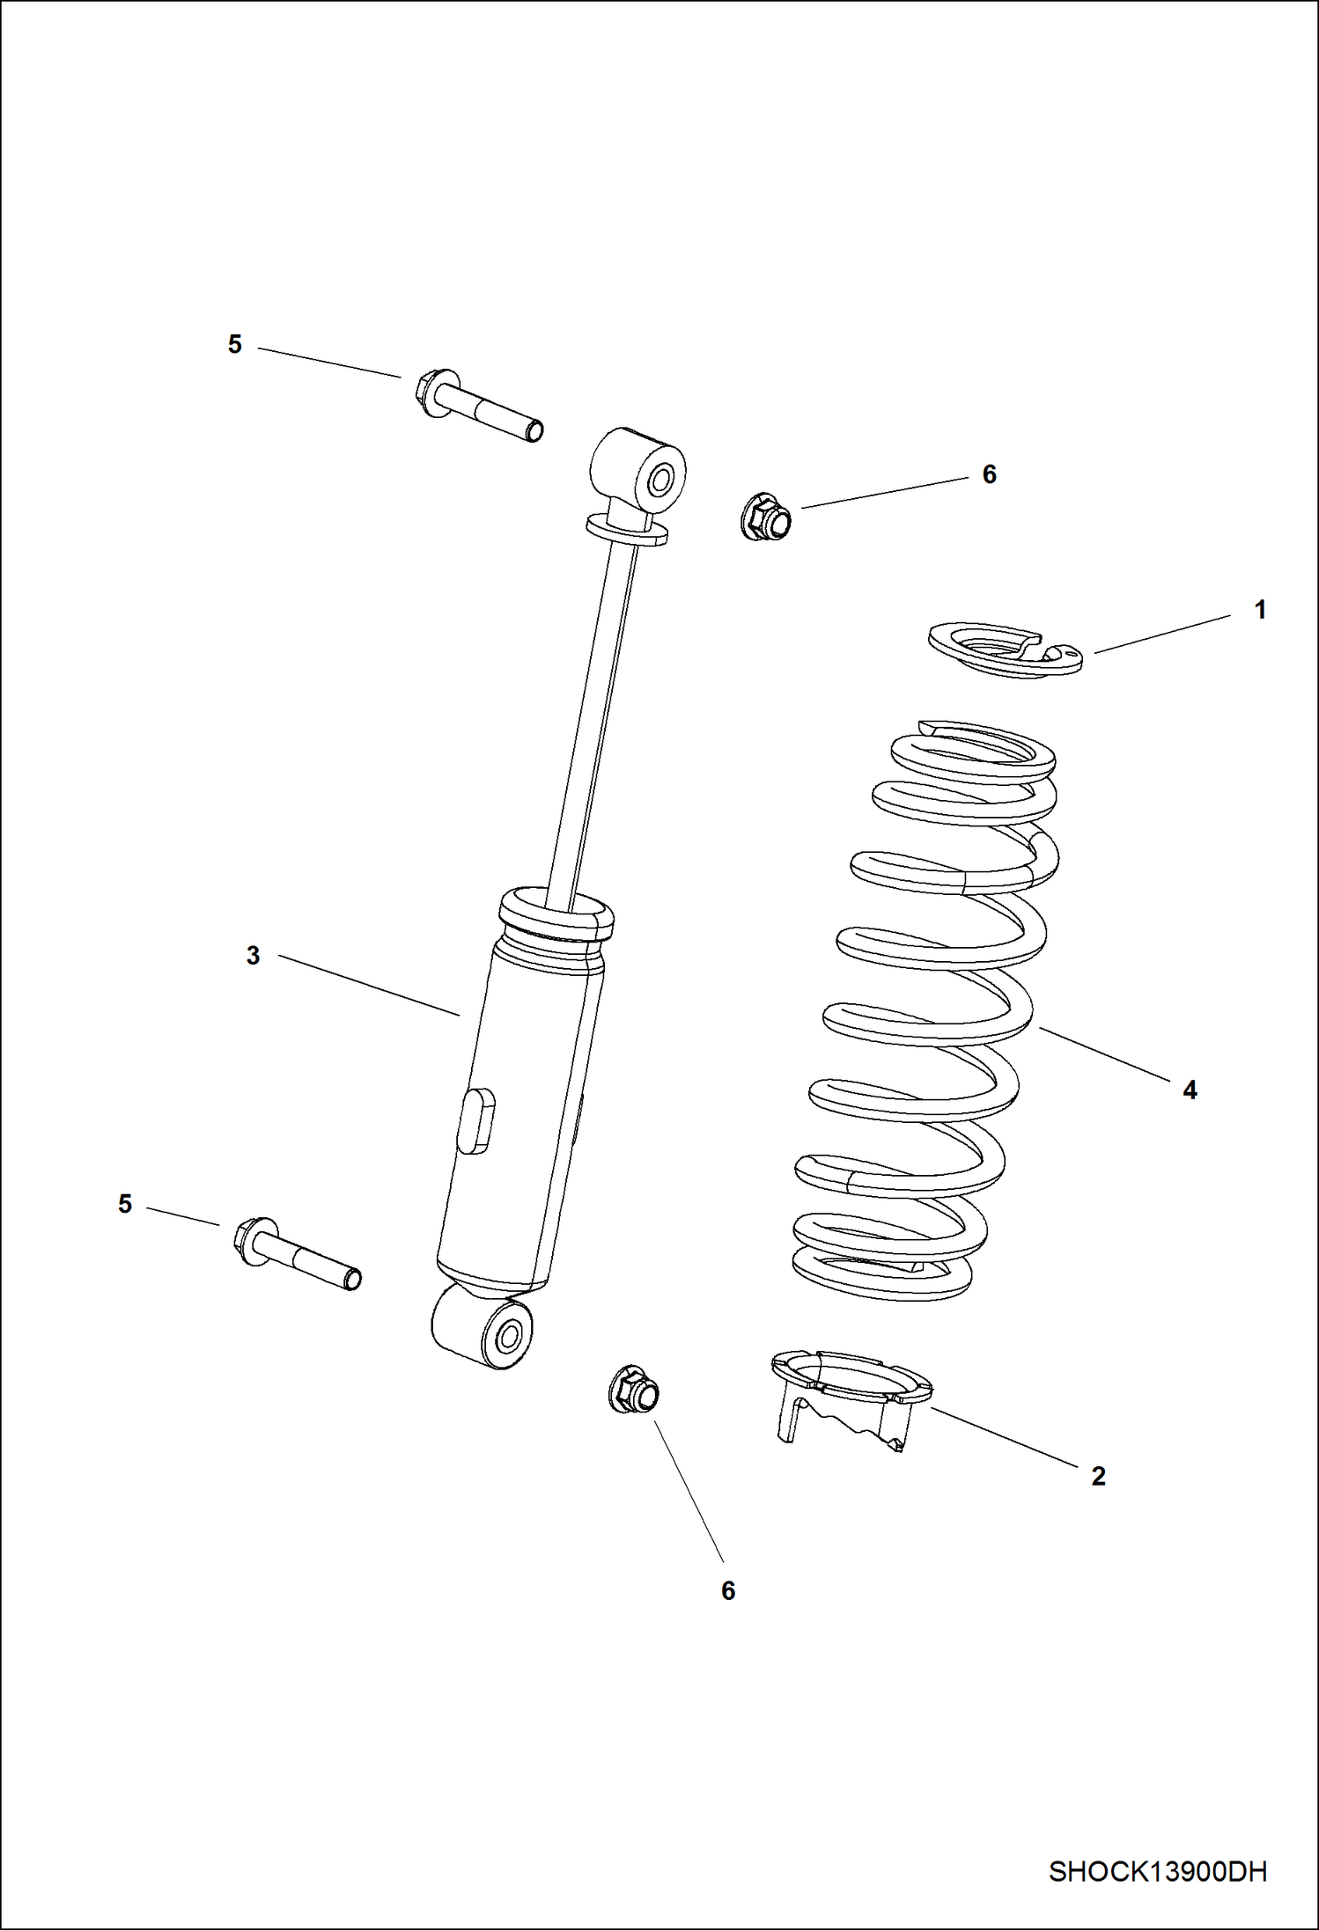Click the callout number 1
1260,610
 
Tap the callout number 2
1098,1476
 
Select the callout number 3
253,956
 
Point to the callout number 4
1190,1090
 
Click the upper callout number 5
234,344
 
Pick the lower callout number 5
125,1204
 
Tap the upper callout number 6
989,474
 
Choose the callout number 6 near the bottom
727,1591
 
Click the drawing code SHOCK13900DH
1157,1871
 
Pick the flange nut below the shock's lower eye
634,1391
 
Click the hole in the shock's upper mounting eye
662,480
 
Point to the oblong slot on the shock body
476,1118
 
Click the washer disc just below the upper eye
626,530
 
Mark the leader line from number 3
370,987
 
